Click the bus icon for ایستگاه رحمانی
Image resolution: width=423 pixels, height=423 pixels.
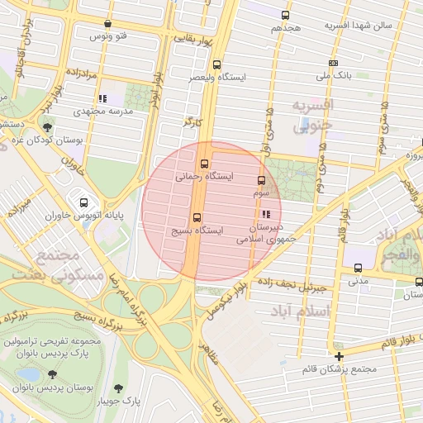point(205,163)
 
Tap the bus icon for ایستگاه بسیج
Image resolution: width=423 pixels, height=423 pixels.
point(196,217)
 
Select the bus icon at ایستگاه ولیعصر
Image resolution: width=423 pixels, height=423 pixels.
point(217,64)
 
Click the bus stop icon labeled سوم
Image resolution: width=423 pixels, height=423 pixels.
point(262,179)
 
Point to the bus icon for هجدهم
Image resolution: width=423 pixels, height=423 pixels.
point(286,16)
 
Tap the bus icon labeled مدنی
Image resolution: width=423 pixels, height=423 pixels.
point(358,268)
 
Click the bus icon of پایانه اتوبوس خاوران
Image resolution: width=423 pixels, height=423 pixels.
point(83,202)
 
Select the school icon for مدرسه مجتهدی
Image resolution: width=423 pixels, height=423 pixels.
point(102,100)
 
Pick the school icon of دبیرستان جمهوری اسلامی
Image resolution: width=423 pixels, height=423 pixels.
point(264,215)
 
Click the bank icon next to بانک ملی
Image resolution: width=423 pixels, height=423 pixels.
point(333,63)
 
